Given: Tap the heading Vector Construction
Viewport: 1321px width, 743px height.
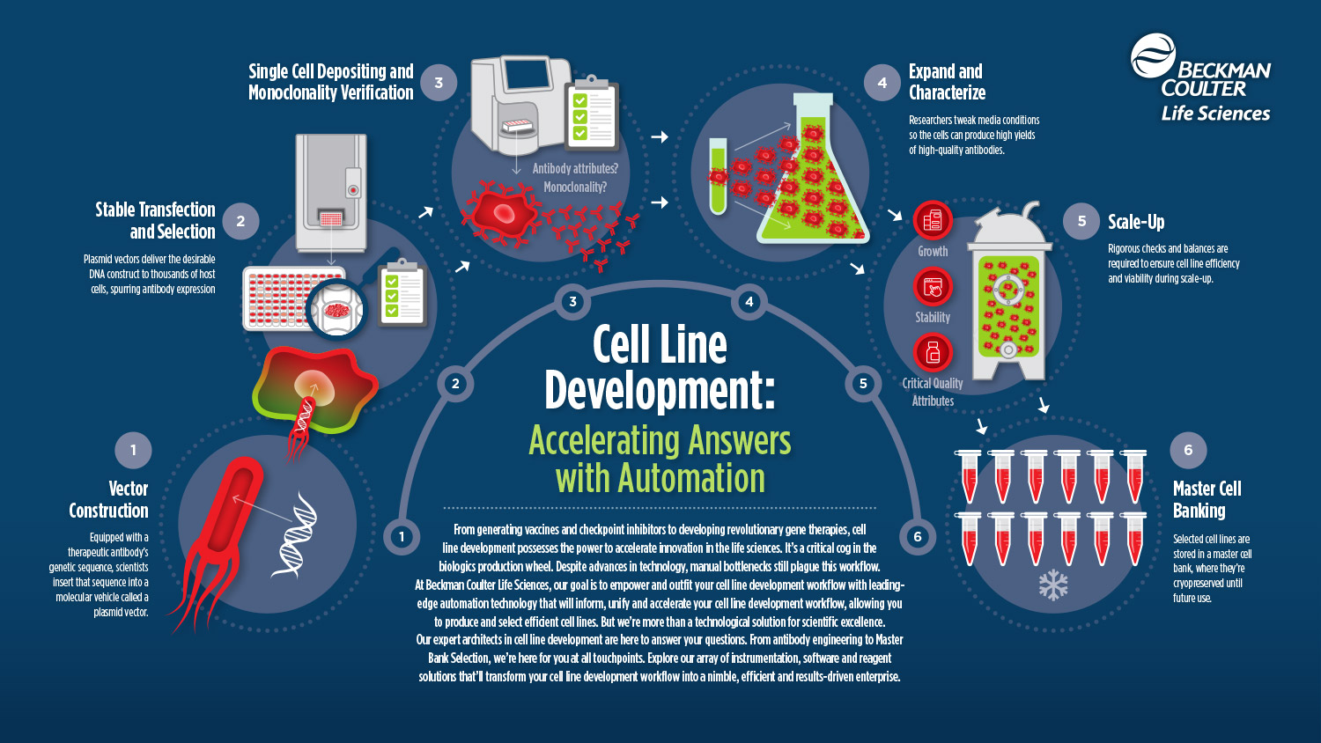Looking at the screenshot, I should [x=109, y=499].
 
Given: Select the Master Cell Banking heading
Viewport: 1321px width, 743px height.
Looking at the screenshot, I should [x=1207, y=499].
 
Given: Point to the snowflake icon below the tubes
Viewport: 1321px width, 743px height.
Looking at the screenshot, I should [x=1053, y=585].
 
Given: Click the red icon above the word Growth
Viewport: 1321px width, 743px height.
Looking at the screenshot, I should [x=933, y=220].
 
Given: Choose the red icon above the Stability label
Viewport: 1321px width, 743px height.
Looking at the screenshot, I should [x=933, y=286].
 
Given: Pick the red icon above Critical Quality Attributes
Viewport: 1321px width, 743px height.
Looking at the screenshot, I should [x=933, y=352].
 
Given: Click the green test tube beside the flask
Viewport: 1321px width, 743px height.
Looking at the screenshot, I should [x=718, y=176].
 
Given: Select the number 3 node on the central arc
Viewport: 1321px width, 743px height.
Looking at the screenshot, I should [x=572, y=302].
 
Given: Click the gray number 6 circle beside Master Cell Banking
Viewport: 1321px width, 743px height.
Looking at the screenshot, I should [x=1188, y=450].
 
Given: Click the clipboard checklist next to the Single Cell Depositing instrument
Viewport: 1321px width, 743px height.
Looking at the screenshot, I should [x=590, y=113].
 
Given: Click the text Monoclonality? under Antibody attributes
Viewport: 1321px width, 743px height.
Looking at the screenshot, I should [x=574, y=187].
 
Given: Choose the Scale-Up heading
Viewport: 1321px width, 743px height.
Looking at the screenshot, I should [x=1136, y=222].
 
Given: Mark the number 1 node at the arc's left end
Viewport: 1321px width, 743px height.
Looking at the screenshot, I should [x=402, y=536].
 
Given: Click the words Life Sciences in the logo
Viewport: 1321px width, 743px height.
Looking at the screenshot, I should [x=1215, y=114].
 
